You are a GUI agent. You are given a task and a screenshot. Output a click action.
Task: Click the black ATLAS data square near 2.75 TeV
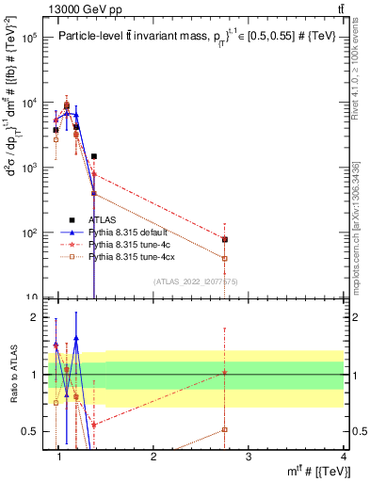(x=224, y=239)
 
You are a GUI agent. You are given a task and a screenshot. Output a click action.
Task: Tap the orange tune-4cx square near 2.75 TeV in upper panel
(x=224, y=258)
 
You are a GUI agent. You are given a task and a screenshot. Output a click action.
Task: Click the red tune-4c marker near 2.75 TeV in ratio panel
(x=224, y=373)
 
